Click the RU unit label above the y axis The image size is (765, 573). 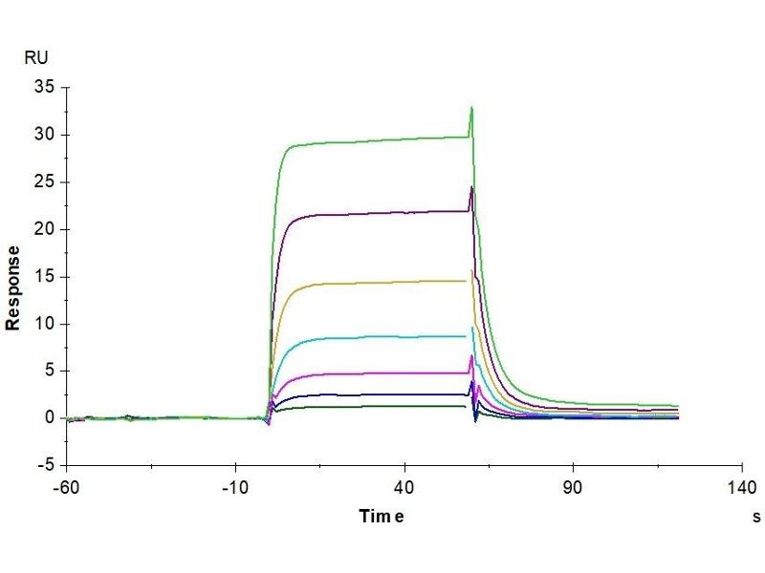click(35, 58)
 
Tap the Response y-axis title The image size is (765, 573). click(13, 286)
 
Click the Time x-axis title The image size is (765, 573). click(382, 517)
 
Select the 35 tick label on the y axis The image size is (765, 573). click(43, 88)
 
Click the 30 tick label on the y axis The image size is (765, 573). click(43, 135)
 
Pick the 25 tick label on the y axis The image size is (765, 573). click(43, 182)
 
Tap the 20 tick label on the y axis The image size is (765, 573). click(43, 229)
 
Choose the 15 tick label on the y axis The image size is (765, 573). click(43, 277)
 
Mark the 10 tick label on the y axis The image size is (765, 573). click(43, 324)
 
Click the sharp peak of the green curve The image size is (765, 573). click(471, 108)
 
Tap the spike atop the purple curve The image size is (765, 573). click(471, 187)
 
